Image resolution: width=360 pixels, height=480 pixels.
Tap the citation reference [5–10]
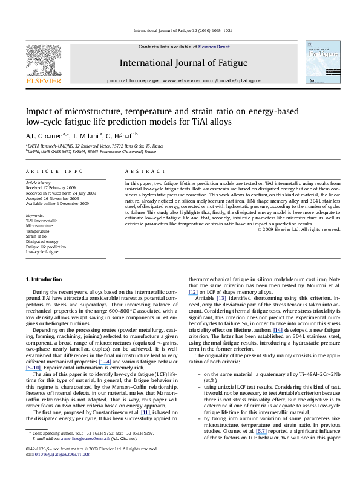coord(34,366)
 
